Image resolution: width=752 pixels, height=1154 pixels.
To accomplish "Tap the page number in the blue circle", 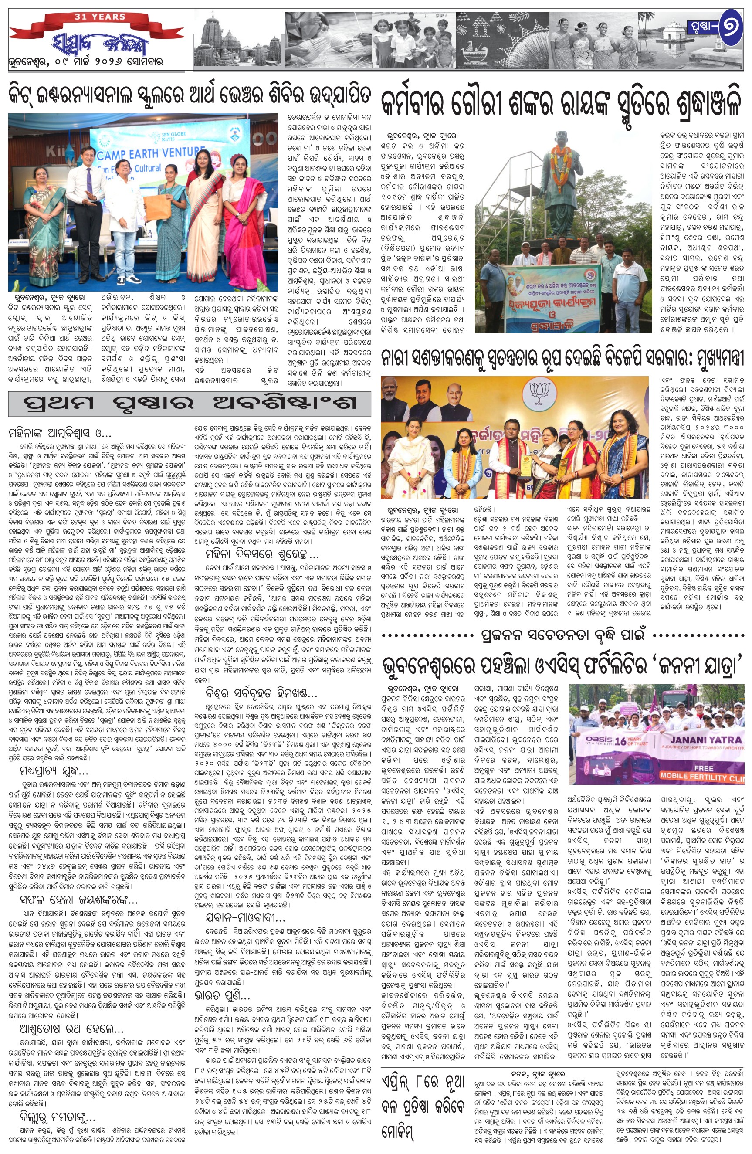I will [x=727, y=29].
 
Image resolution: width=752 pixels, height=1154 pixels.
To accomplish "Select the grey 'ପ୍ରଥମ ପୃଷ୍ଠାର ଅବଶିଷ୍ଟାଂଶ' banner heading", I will [x=189, y=404].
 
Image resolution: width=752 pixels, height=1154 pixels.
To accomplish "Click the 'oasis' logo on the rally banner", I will [x=598, y=740].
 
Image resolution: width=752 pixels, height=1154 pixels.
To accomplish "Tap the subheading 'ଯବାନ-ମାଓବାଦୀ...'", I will [x=240, y=918].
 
